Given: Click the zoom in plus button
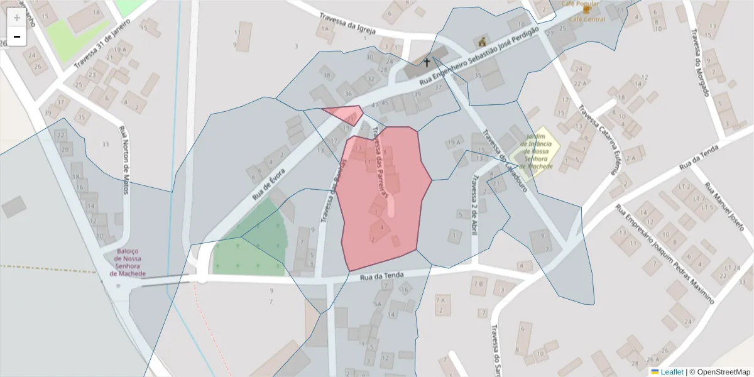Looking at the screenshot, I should point(17,18).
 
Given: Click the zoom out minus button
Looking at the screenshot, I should point(17,36).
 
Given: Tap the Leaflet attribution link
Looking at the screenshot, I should point(670,372).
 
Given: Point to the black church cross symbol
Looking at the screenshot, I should point(427,62).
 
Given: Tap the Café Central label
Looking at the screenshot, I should point(587,19).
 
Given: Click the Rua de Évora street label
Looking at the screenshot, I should point(269,183).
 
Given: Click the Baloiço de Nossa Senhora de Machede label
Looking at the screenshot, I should point(128,262).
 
